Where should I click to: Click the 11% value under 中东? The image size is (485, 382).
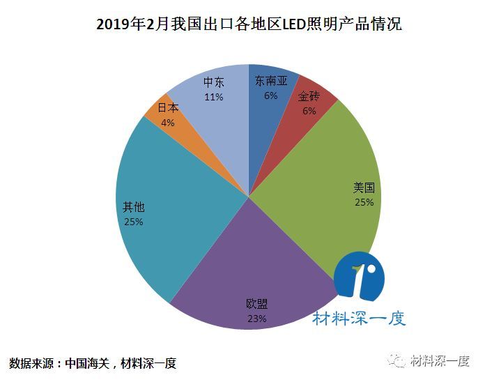214,97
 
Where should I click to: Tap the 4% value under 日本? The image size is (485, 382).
168,122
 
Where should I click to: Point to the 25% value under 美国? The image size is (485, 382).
364,202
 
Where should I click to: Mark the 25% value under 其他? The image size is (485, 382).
133,222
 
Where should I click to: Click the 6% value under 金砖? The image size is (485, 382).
309,110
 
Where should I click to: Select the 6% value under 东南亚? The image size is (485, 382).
270,95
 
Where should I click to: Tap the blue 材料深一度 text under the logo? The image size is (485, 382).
359,319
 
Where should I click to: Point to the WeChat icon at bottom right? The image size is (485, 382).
399,361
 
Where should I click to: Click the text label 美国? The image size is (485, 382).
364,188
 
